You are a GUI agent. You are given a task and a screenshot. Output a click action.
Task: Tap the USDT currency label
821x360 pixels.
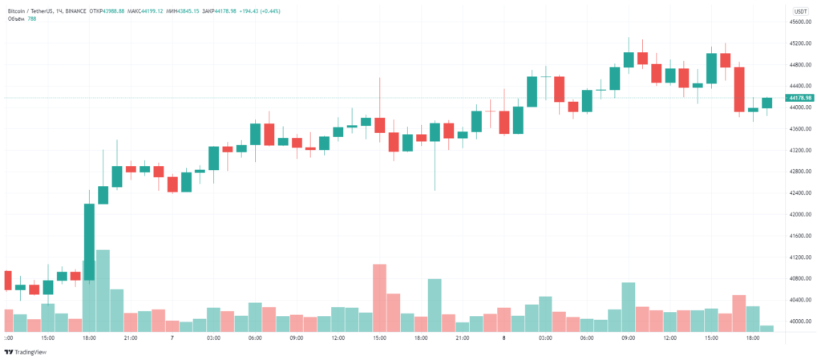pos(800,11)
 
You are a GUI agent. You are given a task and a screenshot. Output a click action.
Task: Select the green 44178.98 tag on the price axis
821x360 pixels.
pos(800,98)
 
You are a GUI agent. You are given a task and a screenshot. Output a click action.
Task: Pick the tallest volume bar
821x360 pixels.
pos(103,290)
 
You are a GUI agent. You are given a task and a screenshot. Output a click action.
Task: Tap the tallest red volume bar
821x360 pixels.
pos(379,297)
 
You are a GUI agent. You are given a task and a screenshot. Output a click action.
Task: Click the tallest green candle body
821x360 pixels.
pos(89,241)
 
